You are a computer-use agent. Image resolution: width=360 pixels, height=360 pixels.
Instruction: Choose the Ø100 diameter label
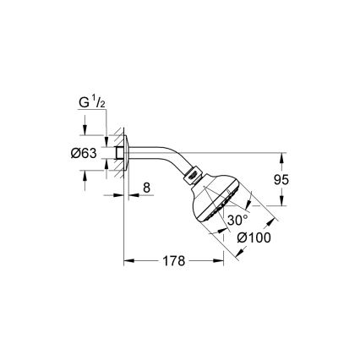pyautogui.click(x=253, y=237)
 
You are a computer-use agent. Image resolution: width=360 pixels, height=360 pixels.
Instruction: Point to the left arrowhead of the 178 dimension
pyautogui.click(x=128, y=260)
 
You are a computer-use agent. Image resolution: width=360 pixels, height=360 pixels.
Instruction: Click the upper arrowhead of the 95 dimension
pyautogui.click(x=281, y=156)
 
